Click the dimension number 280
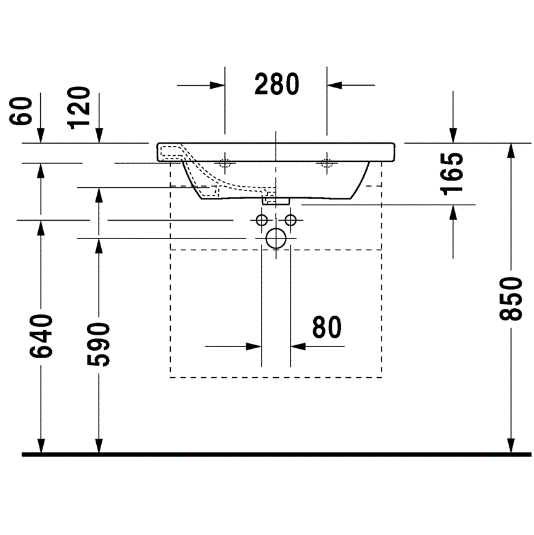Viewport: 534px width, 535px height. [x=277, y=84]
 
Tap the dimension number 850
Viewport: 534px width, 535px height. [x=511, y=299]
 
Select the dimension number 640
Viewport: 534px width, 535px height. [x=41, y=337]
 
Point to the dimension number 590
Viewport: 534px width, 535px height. [x=99, y=345]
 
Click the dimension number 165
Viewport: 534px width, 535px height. [x=453, y=174]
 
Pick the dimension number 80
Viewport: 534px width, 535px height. [x=327, y=327]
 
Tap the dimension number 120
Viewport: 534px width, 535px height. [x=79, y=108]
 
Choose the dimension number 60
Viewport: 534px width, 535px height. [x=21, y=111]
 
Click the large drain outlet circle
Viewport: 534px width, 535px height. [x=276, y=239]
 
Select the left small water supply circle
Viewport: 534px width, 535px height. [x=261, y=221]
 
